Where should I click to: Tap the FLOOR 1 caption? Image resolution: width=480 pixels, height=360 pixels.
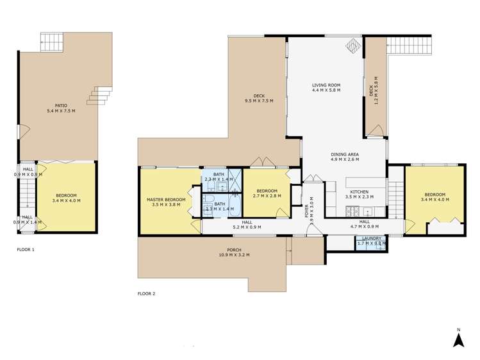coord(26,249)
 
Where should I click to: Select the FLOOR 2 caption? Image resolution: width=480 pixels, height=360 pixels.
coord(146,294)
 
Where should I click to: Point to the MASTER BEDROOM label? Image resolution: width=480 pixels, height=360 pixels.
coord(165,202)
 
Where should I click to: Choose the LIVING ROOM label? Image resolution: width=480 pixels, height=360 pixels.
coord(326,88)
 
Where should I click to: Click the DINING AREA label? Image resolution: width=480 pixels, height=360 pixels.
coord(345,157)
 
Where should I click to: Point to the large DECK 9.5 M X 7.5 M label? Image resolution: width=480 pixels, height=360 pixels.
coord(259,99)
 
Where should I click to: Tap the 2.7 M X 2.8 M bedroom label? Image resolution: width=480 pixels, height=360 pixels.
coord(267,194)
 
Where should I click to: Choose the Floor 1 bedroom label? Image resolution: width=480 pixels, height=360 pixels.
coord(66,198)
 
